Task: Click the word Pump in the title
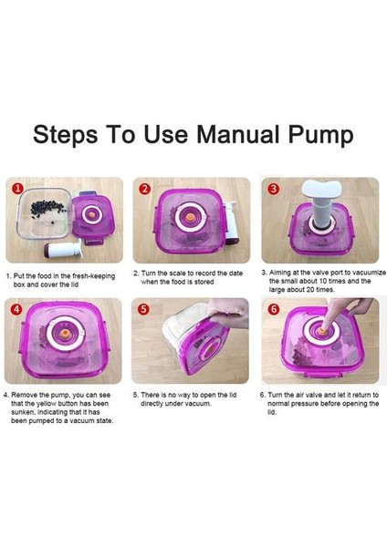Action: (x=320, y=136)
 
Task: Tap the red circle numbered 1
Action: (x=17, y=189)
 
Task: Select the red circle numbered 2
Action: (x=144, y=189)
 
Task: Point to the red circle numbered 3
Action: (x=273, y=189)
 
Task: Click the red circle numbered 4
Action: (x=16, y=309)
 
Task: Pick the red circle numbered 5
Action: (x=143, y=309)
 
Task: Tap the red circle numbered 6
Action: (x=273, y=309)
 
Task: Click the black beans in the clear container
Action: (x=47, y=210)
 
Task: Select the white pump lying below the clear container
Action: (x=63, y=249)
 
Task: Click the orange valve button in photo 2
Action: (x=190, y=217)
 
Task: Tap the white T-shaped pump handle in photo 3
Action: (x=321, y=190)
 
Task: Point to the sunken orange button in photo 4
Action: (x=63, y=333)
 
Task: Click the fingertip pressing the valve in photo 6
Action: (x=324, y=327)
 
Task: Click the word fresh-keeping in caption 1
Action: (x=94, y=276)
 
